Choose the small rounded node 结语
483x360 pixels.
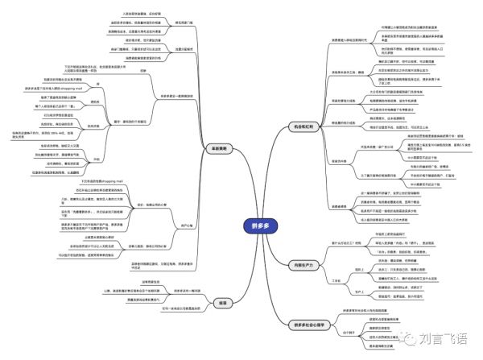point(222,303)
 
